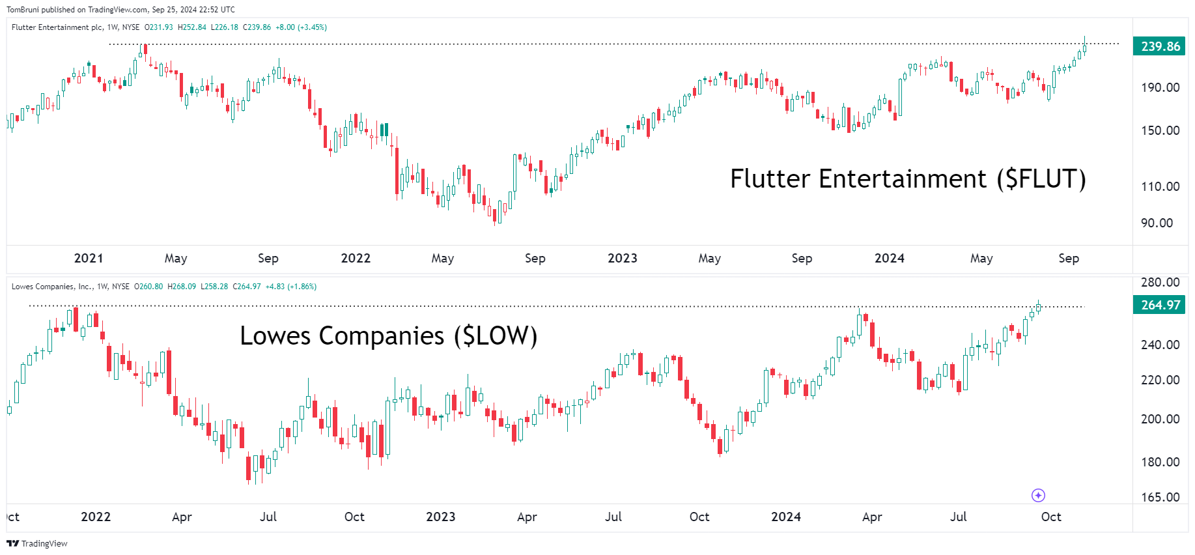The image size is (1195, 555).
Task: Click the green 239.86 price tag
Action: pos(1160,46)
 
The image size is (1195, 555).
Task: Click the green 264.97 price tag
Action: pos(1160,305)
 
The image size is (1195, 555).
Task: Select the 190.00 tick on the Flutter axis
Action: pos(1160,87)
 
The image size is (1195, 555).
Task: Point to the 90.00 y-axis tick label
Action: pos(1157,223)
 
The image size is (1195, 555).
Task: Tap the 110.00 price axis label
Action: pos(1160,186)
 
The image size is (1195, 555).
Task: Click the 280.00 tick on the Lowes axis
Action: pos(1160,282)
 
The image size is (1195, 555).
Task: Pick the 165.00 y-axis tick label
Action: pos(1160,497)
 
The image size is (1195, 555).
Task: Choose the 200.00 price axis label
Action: pos(1160,419)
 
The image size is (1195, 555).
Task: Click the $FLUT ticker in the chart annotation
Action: pos(1041,179)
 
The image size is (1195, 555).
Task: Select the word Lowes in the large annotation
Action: pos(275,336)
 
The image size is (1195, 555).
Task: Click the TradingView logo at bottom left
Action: pos(37,543)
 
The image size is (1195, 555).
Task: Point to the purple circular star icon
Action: pos(1038,496)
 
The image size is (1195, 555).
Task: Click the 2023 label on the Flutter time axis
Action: pos(622,258)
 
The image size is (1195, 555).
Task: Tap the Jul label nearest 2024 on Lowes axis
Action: pos(958,517)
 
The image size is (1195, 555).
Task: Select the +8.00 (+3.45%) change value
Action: pos(301,27)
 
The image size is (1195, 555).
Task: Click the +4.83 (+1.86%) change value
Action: pos(290,287)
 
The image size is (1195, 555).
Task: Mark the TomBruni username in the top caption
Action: pos(22,10)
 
